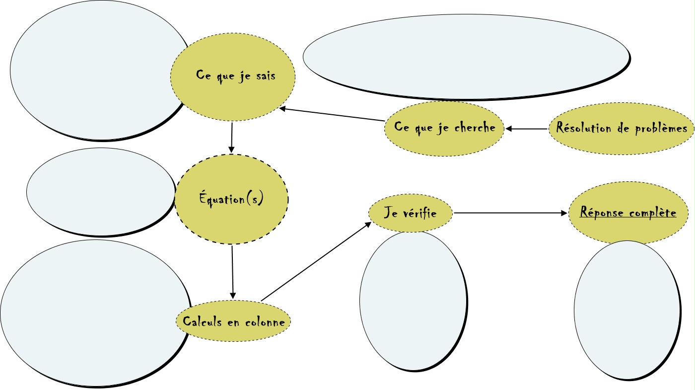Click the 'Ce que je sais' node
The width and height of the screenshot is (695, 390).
point(233,77)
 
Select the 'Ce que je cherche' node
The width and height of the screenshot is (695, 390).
point(445,128)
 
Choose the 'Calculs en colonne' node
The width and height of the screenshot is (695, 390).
point(233,321)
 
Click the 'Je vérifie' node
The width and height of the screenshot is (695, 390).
point(411,213)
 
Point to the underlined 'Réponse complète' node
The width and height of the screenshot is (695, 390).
point(628,213)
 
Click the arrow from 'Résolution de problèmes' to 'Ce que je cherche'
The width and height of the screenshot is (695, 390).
point(527,129)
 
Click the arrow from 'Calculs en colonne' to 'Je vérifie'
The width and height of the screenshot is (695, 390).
point(316,261)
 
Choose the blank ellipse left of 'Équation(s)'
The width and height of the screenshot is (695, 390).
point(99,191)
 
